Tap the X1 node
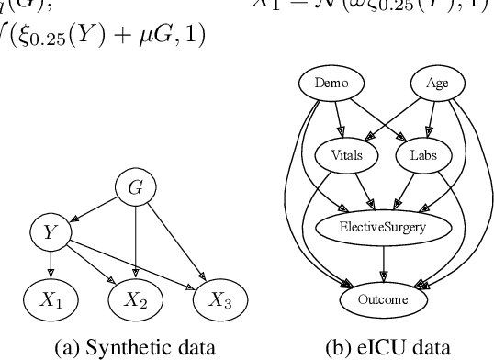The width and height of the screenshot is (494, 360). [51, 299]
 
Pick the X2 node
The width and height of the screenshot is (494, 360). [136, 299]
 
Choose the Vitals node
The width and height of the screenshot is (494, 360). [344, 154]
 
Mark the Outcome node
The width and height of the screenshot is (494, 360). [384, 298]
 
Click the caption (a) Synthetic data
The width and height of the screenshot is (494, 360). [134, 347]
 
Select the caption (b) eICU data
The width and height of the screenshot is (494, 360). [382, 347]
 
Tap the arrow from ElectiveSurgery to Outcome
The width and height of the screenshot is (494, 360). [384, 263]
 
